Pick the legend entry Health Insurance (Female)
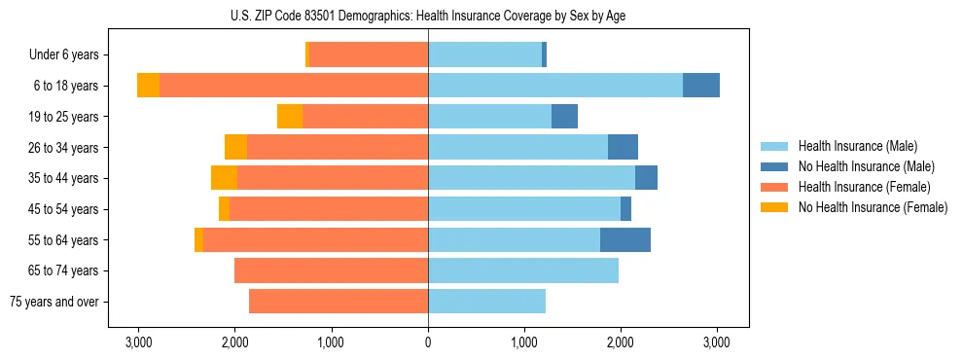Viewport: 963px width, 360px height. click(x=865, y=187)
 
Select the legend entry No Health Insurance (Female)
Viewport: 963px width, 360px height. click(x=873, y=207)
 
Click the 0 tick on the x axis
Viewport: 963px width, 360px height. click(x=428, y=342)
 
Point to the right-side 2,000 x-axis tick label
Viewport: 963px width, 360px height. click(x=621, y=342)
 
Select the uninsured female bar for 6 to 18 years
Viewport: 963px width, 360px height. click(x=148, y=86)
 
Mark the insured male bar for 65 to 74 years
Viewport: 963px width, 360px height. click(x=523, y=270)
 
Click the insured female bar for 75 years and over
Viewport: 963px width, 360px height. click(x=339, y=302)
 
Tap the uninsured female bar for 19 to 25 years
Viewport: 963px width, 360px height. click(x=290, y=117)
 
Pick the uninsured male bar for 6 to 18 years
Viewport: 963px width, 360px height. click(x=701, y=86)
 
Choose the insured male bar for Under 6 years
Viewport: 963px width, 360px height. click(x=484, y=55)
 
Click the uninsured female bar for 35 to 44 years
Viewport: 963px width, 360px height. click(x=224, y=178)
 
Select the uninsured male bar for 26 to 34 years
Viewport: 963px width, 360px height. click(x=623, y=148)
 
